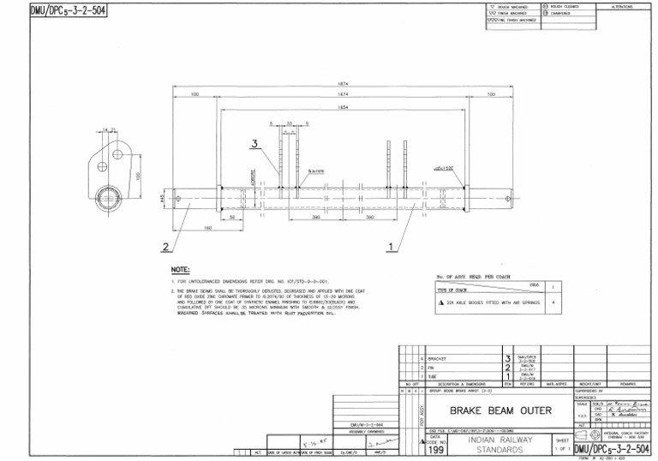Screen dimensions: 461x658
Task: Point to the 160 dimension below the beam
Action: pos(208,227)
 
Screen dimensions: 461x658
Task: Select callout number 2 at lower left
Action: pos(164,247)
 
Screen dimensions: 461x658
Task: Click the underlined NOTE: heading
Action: pos(181,269)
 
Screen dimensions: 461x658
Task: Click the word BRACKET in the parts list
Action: pos(438,357)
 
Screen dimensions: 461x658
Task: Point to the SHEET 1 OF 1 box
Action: pos(563,444)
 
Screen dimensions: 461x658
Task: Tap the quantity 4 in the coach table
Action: pos(554,302)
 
